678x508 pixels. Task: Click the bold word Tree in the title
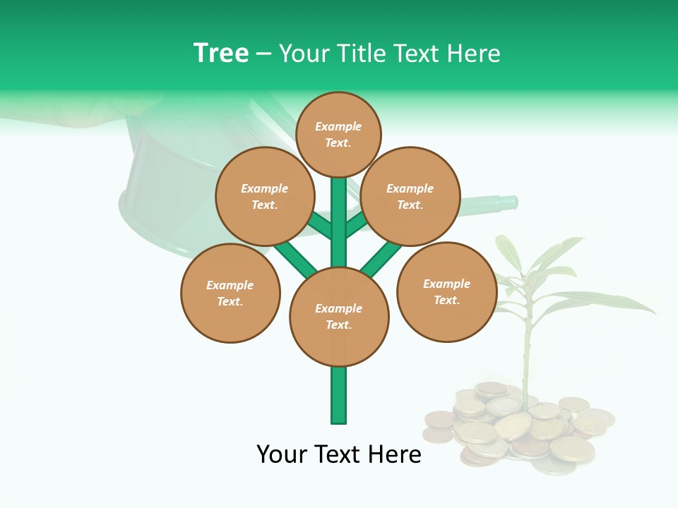(x=221, y=54)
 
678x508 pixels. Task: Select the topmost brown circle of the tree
(x=338, y=134)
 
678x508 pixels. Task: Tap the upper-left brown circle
(x=265, y=196)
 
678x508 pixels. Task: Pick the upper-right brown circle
(x=410, y=196)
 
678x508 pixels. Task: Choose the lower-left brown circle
(x=230, y=293)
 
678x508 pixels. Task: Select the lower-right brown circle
(x=446, y=291)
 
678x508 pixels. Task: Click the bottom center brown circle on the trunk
(x=339, y=317)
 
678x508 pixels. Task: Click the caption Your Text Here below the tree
(x=339, y=454)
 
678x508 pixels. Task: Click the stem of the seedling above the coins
(x=527, y=353)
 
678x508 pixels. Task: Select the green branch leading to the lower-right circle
(x=382, y=258)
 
